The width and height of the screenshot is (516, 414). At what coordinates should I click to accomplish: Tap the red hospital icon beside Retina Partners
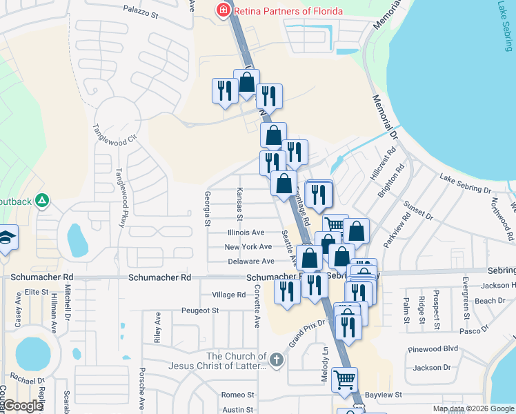pos(223,10)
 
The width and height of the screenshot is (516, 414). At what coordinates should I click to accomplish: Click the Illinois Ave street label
pos(245,233)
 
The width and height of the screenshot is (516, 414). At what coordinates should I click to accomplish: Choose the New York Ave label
pos(248,247)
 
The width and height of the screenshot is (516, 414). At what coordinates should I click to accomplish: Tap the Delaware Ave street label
pos(251,262)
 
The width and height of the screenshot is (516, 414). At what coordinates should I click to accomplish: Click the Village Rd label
pos(229,295)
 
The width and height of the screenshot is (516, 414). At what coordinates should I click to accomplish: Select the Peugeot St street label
pos(200,310)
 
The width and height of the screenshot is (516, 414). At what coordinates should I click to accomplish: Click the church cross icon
pos(276,359)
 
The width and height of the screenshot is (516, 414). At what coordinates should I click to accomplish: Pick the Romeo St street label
pos(238,395)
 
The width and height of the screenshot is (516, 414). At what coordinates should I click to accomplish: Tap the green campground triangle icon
pos(42,201)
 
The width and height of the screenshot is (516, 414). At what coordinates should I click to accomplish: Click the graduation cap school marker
pos(7,237)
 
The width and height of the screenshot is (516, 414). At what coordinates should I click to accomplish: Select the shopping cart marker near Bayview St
pos(344,378)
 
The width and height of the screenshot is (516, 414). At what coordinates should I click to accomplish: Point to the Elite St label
pos(36,293)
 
